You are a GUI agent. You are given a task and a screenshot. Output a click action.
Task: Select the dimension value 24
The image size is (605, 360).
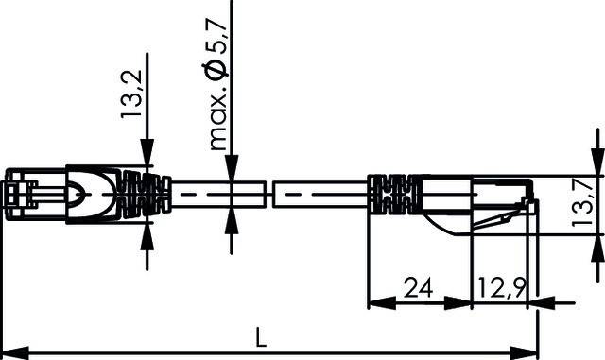point(419,286)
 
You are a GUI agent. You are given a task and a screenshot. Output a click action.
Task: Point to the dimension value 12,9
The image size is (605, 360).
point(502,286)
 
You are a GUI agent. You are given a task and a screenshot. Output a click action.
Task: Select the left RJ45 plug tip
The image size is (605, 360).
point(19,197)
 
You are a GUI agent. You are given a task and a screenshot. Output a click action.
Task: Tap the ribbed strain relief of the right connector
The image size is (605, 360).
point(390,196)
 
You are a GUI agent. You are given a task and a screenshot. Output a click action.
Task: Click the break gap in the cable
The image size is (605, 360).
point(267,196)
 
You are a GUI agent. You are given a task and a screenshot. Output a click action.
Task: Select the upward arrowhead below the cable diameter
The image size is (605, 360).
point(231,225)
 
